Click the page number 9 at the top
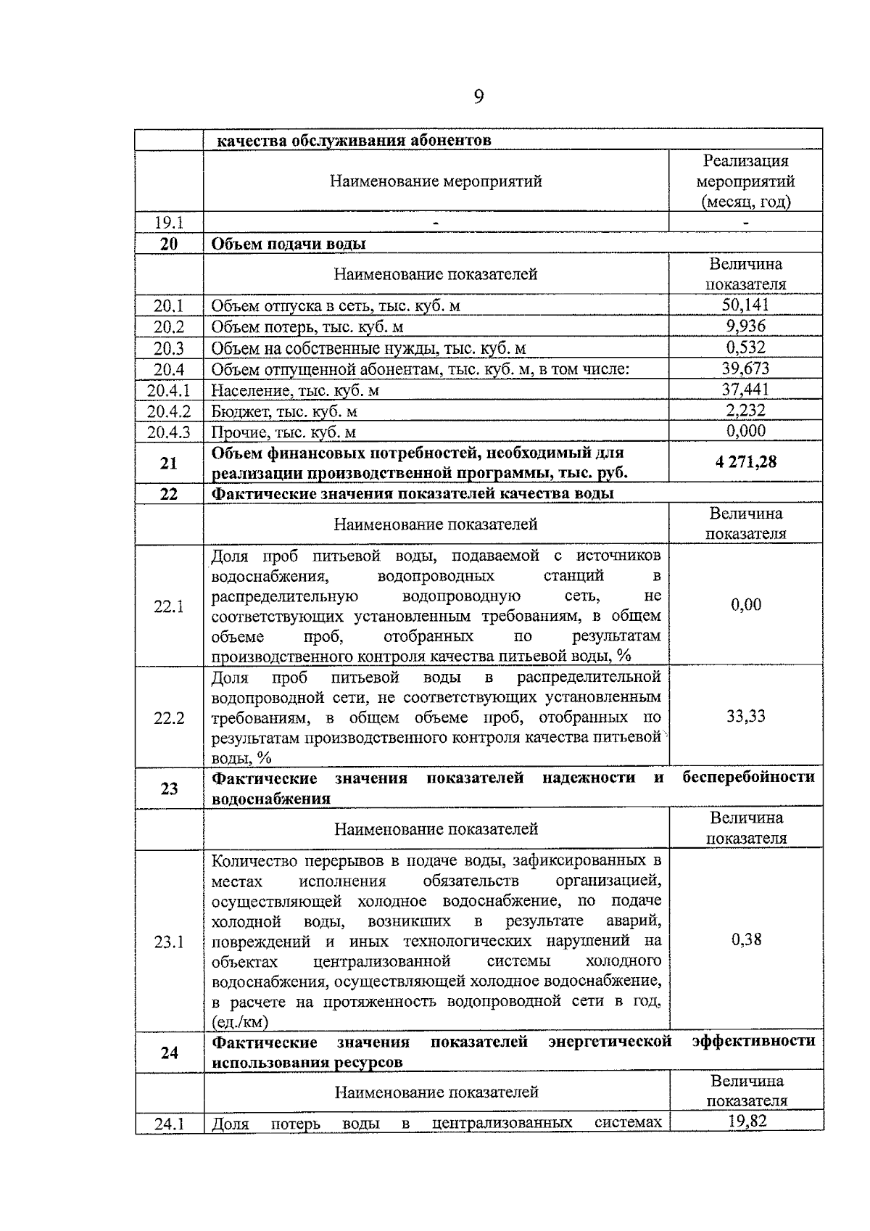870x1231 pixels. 478,97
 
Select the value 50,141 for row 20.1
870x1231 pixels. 745,305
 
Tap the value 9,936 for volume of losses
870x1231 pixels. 745,326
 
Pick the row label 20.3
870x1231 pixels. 168,349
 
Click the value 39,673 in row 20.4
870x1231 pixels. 745,369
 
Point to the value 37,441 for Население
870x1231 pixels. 745,390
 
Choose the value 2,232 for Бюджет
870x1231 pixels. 745,411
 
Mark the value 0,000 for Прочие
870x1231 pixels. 745,431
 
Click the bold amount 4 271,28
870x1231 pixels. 745,462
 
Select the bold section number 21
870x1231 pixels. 168,463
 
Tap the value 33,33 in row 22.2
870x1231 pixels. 745,717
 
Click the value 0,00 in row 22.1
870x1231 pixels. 745,605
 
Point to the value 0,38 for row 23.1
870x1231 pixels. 746,939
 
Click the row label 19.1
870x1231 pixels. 168,223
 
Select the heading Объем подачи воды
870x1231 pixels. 288,244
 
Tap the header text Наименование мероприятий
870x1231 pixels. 436,181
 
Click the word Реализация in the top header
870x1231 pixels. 745,161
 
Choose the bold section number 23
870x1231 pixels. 168,789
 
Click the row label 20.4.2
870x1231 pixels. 168,411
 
